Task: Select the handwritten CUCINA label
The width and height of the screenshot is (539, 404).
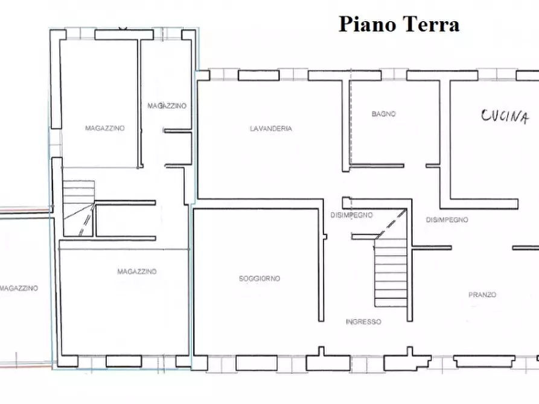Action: tap(505, 116)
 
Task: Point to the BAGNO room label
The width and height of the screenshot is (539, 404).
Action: tap(383, 113)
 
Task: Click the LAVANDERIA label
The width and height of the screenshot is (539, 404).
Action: tap(271, 128)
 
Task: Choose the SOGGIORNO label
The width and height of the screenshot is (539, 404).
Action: tap(259, 279)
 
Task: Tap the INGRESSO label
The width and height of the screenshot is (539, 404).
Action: tap(363, 322)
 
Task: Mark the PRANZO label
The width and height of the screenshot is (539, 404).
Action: tap(482, 295)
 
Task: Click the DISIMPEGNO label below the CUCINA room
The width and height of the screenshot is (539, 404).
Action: tap(447, 220)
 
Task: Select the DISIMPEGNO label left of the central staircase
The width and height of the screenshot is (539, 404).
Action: tap(351, 215)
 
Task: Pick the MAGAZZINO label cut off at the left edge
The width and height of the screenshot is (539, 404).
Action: tap(19, 288)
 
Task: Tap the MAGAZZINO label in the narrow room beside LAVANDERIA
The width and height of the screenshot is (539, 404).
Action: tap(167, 106)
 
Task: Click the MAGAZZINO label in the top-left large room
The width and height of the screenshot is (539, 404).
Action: tap(105, 128)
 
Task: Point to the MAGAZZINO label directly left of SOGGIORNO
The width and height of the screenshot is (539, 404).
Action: tap(137, 272)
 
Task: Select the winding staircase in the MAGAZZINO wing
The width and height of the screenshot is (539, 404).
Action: tap(78, 208)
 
